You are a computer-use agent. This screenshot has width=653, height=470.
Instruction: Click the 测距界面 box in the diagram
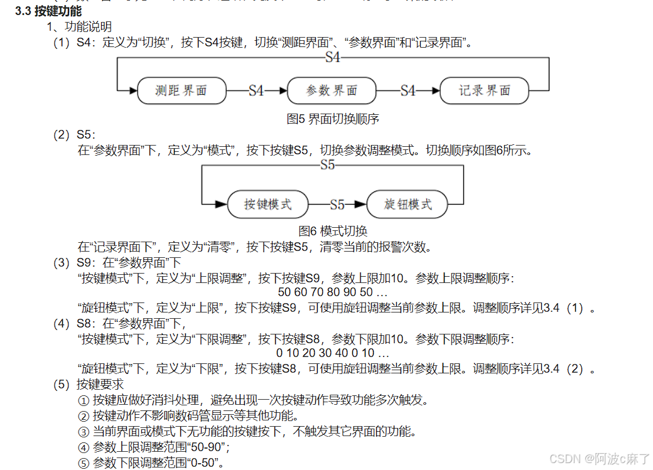point(181,91)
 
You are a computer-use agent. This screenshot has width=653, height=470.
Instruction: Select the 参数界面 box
point(332,91)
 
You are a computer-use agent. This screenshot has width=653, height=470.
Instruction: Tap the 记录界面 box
point(484,91)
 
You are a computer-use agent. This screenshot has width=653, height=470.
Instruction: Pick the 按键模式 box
point(268,205)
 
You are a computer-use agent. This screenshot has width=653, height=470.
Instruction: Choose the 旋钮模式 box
point(408,205)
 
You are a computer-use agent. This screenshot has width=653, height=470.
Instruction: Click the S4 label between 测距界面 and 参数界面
point(256,91)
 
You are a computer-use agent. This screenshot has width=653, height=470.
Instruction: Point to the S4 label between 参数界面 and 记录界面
point(408,91)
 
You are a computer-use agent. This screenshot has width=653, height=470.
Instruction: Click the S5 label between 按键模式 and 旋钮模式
point(337,205)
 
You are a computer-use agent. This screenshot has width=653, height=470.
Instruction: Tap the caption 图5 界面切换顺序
point(333,119)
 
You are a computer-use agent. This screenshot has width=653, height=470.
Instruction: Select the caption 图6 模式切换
point(333,231)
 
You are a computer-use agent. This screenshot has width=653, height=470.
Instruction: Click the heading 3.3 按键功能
point(48,11)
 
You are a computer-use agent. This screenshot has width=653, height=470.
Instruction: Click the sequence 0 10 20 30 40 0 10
point(333,353)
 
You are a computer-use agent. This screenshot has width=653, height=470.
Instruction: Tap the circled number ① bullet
point(84,400)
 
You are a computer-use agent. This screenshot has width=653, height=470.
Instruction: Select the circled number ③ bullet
point(84,432)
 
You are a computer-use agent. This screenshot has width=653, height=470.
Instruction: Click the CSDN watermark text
point(600,459)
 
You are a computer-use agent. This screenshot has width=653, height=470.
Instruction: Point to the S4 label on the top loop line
point(333,58)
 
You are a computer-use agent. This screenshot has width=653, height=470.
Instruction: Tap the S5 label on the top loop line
point(327,166)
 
